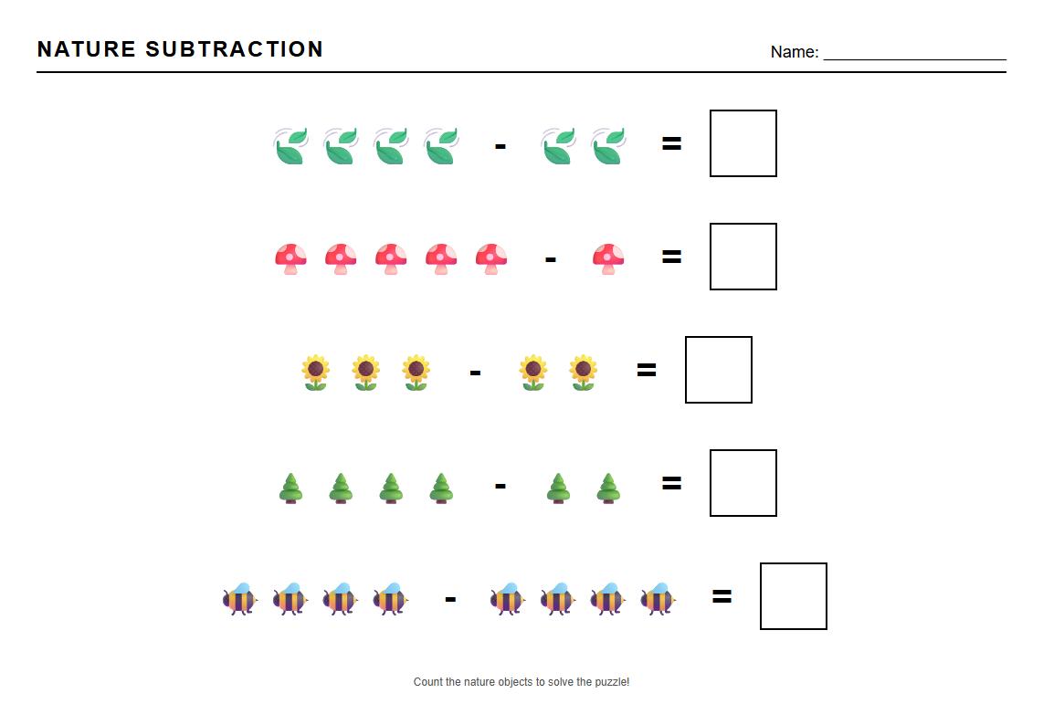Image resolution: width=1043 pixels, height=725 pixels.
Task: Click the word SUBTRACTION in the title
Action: [x=235, y=49]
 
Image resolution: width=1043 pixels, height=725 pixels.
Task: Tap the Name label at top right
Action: [x=794, y=52]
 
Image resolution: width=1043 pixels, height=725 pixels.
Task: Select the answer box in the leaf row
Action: [x=743, y=143]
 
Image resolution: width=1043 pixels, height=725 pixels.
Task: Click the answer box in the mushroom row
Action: [x=743, y=257]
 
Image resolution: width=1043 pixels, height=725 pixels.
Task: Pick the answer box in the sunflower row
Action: [x=719, y=370]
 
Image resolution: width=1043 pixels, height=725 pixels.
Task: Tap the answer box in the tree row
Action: [x=743, y=483]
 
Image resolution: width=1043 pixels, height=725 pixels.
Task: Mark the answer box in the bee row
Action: [x=794, y=596]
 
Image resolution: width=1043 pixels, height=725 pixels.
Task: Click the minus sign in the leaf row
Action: [x=500, y=145]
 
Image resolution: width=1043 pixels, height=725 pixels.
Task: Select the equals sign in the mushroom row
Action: [x=671, y=257]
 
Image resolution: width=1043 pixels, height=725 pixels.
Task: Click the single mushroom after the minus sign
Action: [x=608, y=258]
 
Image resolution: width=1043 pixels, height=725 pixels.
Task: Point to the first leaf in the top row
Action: [x=290, y=146]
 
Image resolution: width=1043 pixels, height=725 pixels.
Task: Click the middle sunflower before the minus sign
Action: [x=365, y=372]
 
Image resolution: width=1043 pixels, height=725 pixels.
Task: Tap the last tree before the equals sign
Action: [x=608, y=488]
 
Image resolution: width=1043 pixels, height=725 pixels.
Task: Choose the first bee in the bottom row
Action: [x=240, y=599]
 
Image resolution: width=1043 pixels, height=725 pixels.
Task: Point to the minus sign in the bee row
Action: [x=449, y=600]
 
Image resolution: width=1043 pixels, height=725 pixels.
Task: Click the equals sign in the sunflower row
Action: [x=646, y=371]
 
